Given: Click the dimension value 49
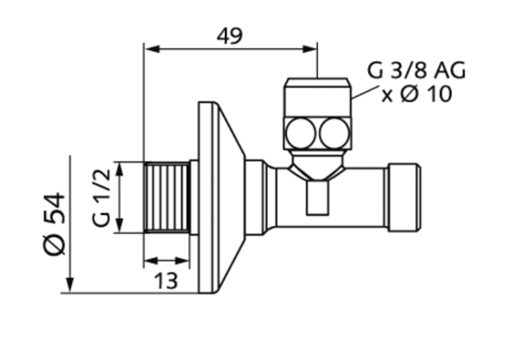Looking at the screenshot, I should pyautogui.click(x=230, y=35).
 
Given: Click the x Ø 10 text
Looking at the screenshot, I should pyautogui.click(x=416, y=95).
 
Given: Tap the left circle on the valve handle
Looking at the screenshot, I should pyautogui.click(x=300, y=133).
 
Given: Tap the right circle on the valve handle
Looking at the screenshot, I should pyautogui.click(x=335, y=133).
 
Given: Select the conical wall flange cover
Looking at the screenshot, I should pyautogui.click(x=222, y=197).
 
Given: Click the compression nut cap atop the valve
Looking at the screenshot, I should pyautogui.click(x=317, y=97).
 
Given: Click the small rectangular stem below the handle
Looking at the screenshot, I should pyautogui.click(x=317, y=197).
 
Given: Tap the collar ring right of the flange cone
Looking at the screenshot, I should pyautogui.click(x=254, y=197).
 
